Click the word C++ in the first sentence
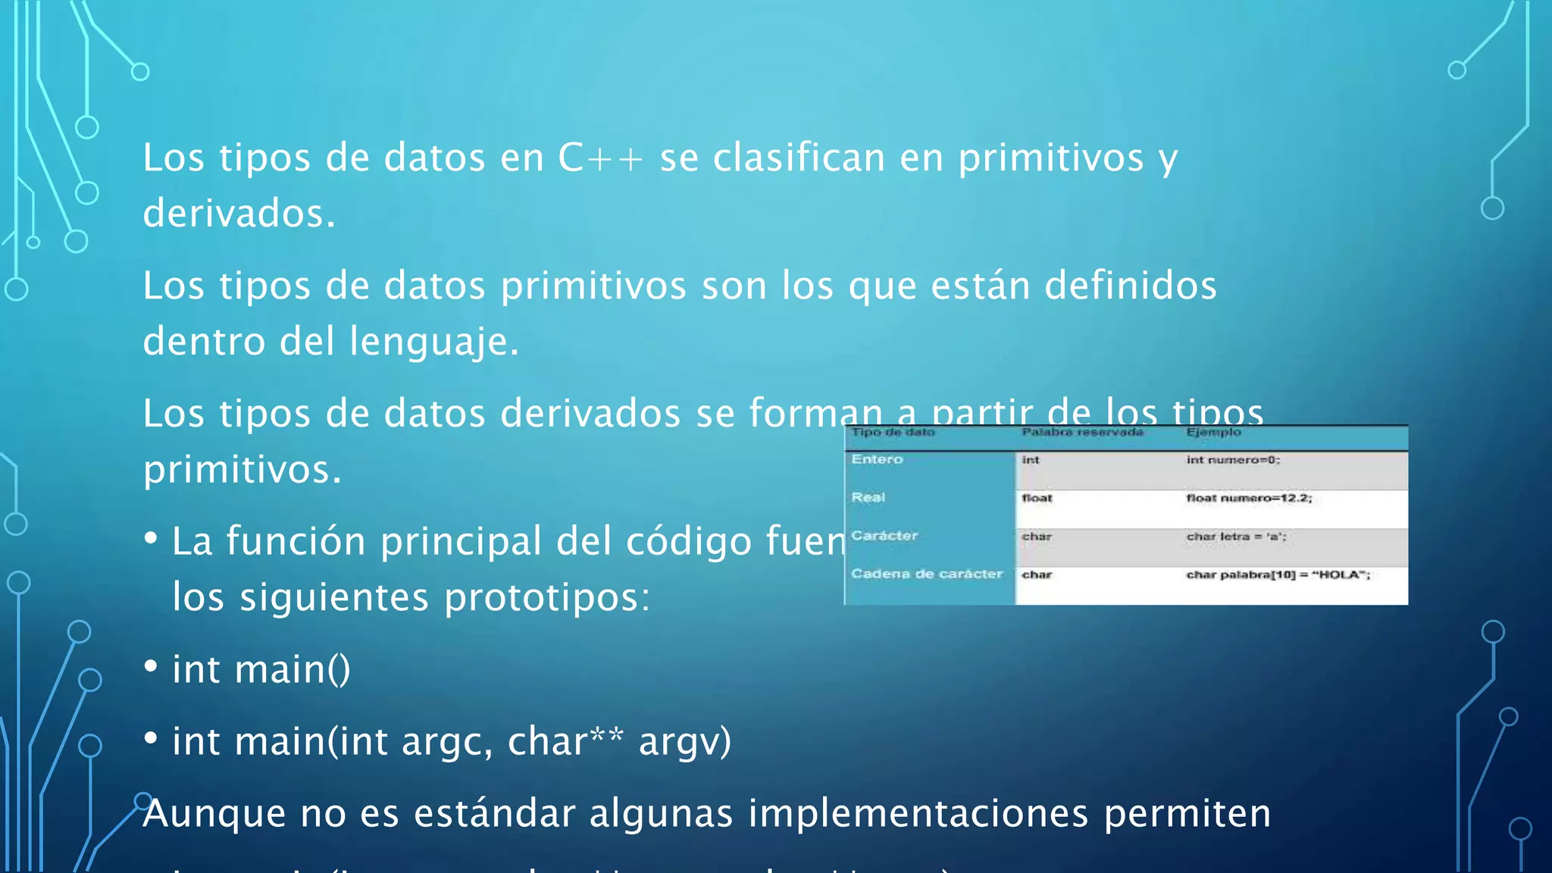(x=600, y=158)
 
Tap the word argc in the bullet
(x=446, y=742)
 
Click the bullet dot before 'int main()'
(x=151, y=666)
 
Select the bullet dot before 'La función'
(x=151, y=538)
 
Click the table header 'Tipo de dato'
(x=893, y=433)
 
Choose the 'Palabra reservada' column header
(x=1081, y=433)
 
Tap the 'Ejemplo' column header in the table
(x=1213, y=433)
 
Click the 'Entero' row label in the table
(x=877, y=459)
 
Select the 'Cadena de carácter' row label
(x=926, y=574)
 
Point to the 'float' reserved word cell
(x=1037, y=498)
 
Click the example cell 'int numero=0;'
(x=1233, y=460)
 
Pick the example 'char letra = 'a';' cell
(x=1236, y=537)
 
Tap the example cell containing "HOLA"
(x=1278, y=574)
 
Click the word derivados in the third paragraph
(x=590, y=415)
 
